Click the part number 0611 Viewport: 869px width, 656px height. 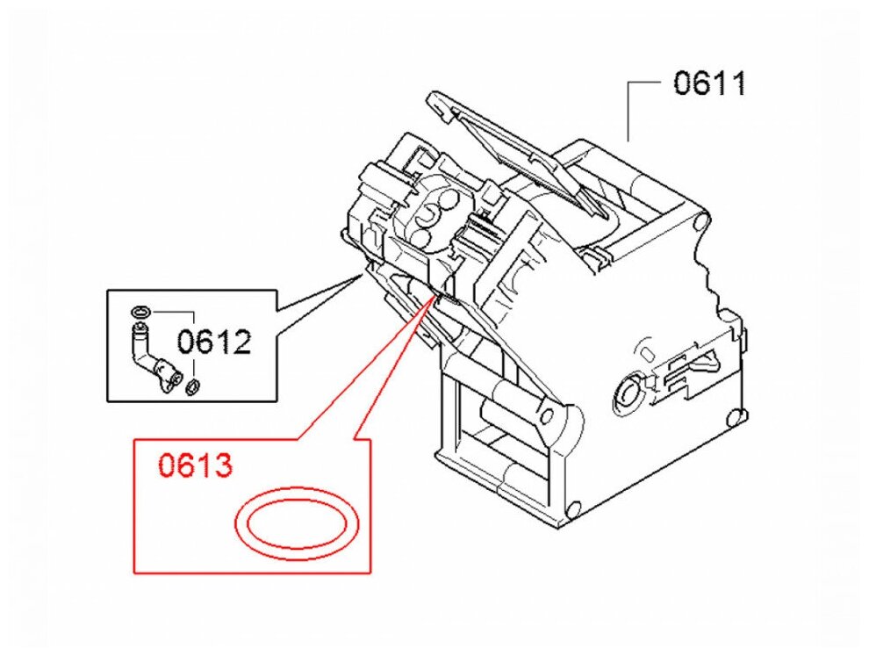click(x=709, y=83)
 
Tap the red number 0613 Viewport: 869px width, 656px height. click(x=195, y=465)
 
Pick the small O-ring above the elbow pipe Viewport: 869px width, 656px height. click(x=140, y=311)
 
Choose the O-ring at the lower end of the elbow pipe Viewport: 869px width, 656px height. click(x=192, y=385)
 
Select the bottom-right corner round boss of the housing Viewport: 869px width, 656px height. click(x=574, y=508)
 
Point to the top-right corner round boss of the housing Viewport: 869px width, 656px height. click(x=700, y=221)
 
